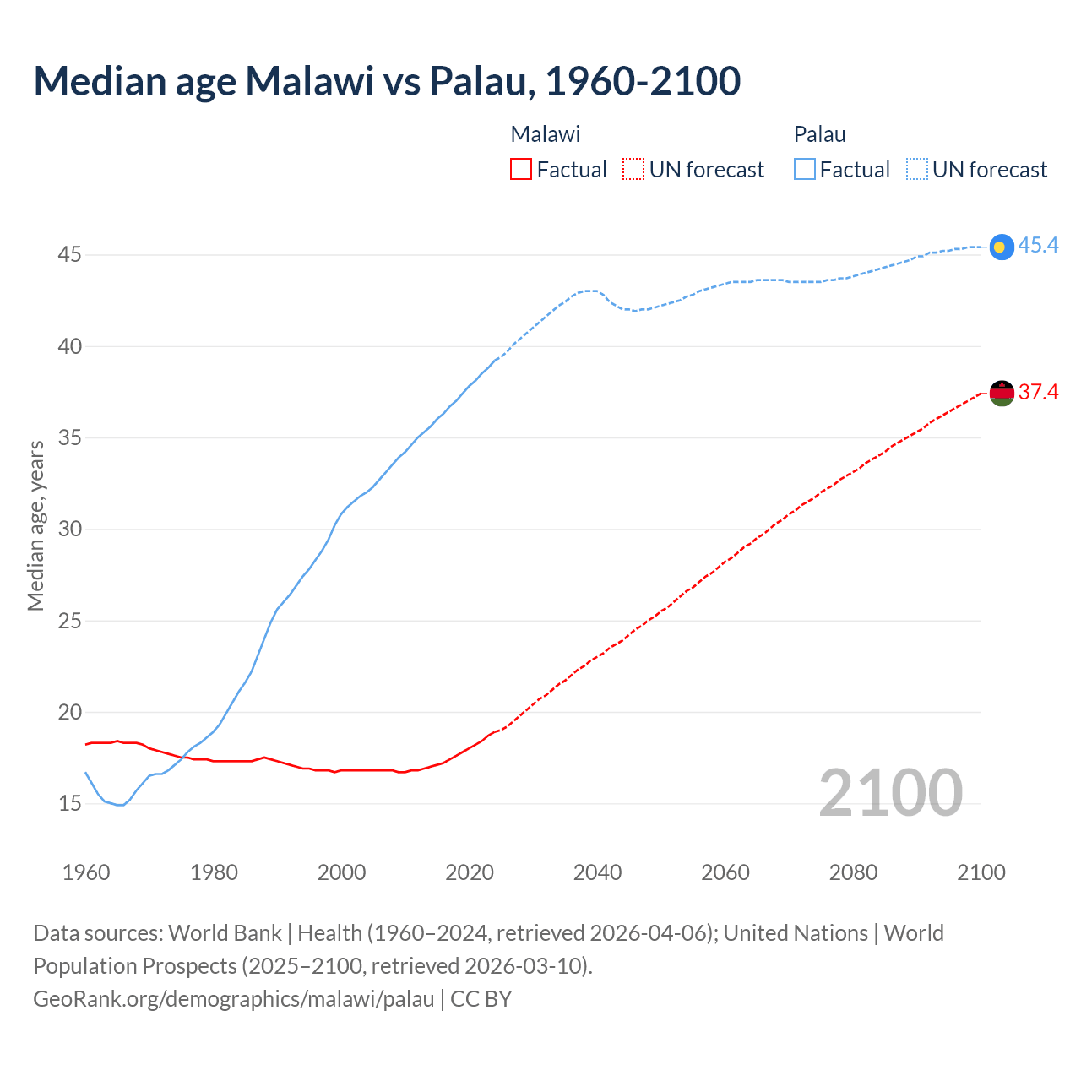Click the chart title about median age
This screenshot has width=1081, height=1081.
387,81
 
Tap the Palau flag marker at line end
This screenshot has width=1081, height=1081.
1001,247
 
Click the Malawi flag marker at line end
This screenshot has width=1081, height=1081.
1001,393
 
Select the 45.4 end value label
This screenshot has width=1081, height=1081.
1038,246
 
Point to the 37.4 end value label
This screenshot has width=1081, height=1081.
1038,392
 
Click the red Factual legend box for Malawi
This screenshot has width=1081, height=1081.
521,170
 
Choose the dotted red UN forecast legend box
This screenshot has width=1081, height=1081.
633,170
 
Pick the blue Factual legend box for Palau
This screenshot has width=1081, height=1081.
805,170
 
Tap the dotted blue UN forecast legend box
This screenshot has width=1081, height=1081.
917,170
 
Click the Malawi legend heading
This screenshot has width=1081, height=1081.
546,134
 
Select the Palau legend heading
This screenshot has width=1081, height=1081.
819,134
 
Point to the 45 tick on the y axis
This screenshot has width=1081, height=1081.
69,255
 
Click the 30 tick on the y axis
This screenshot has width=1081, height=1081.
69,530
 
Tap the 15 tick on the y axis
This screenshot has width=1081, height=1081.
69,803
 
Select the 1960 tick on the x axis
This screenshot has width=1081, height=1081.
86,872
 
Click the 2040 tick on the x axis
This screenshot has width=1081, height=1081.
597,872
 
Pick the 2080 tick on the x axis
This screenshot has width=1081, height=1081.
853,872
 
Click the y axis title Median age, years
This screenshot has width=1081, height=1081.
35,525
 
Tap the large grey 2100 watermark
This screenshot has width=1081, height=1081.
890,792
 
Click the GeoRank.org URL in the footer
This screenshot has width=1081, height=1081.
233,999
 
